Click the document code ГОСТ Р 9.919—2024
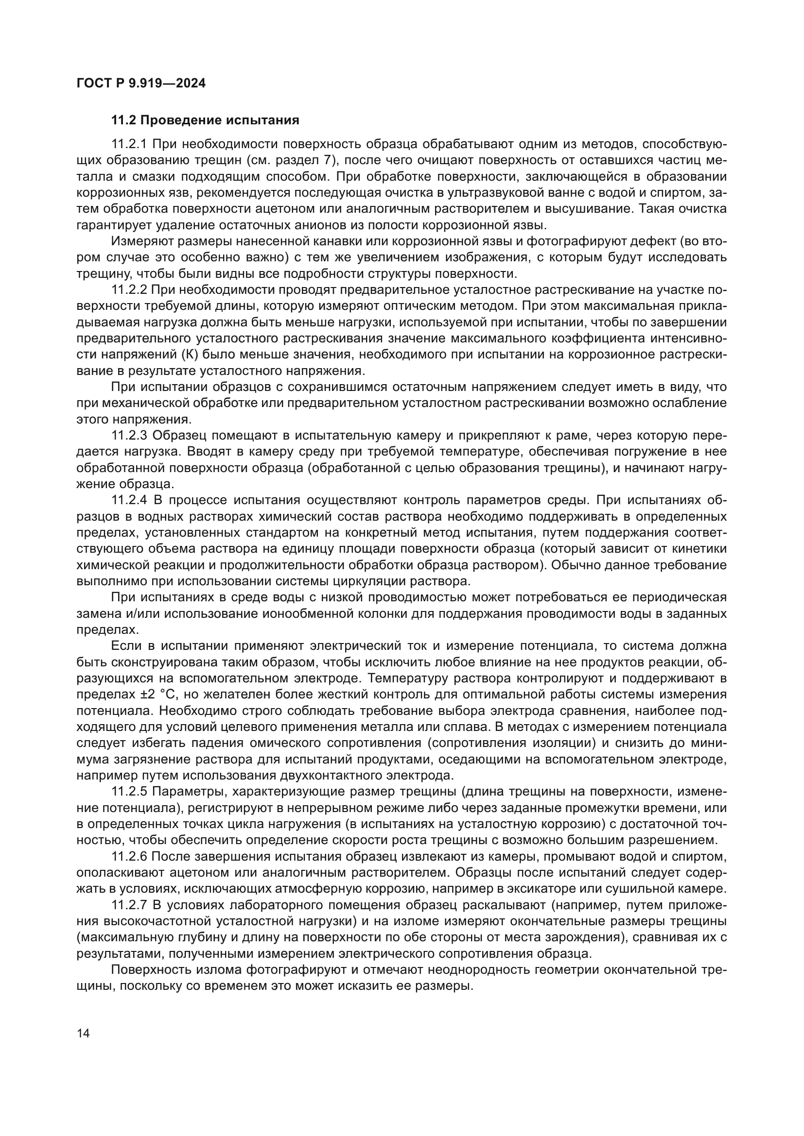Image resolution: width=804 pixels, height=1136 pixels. point(141,84)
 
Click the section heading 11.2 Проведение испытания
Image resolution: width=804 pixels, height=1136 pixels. point(205,120)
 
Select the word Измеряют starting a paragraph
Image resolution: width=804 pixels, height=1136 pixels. point(142,241)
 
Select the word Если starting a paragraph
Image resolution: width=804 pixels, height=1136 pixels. point(125,645)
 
